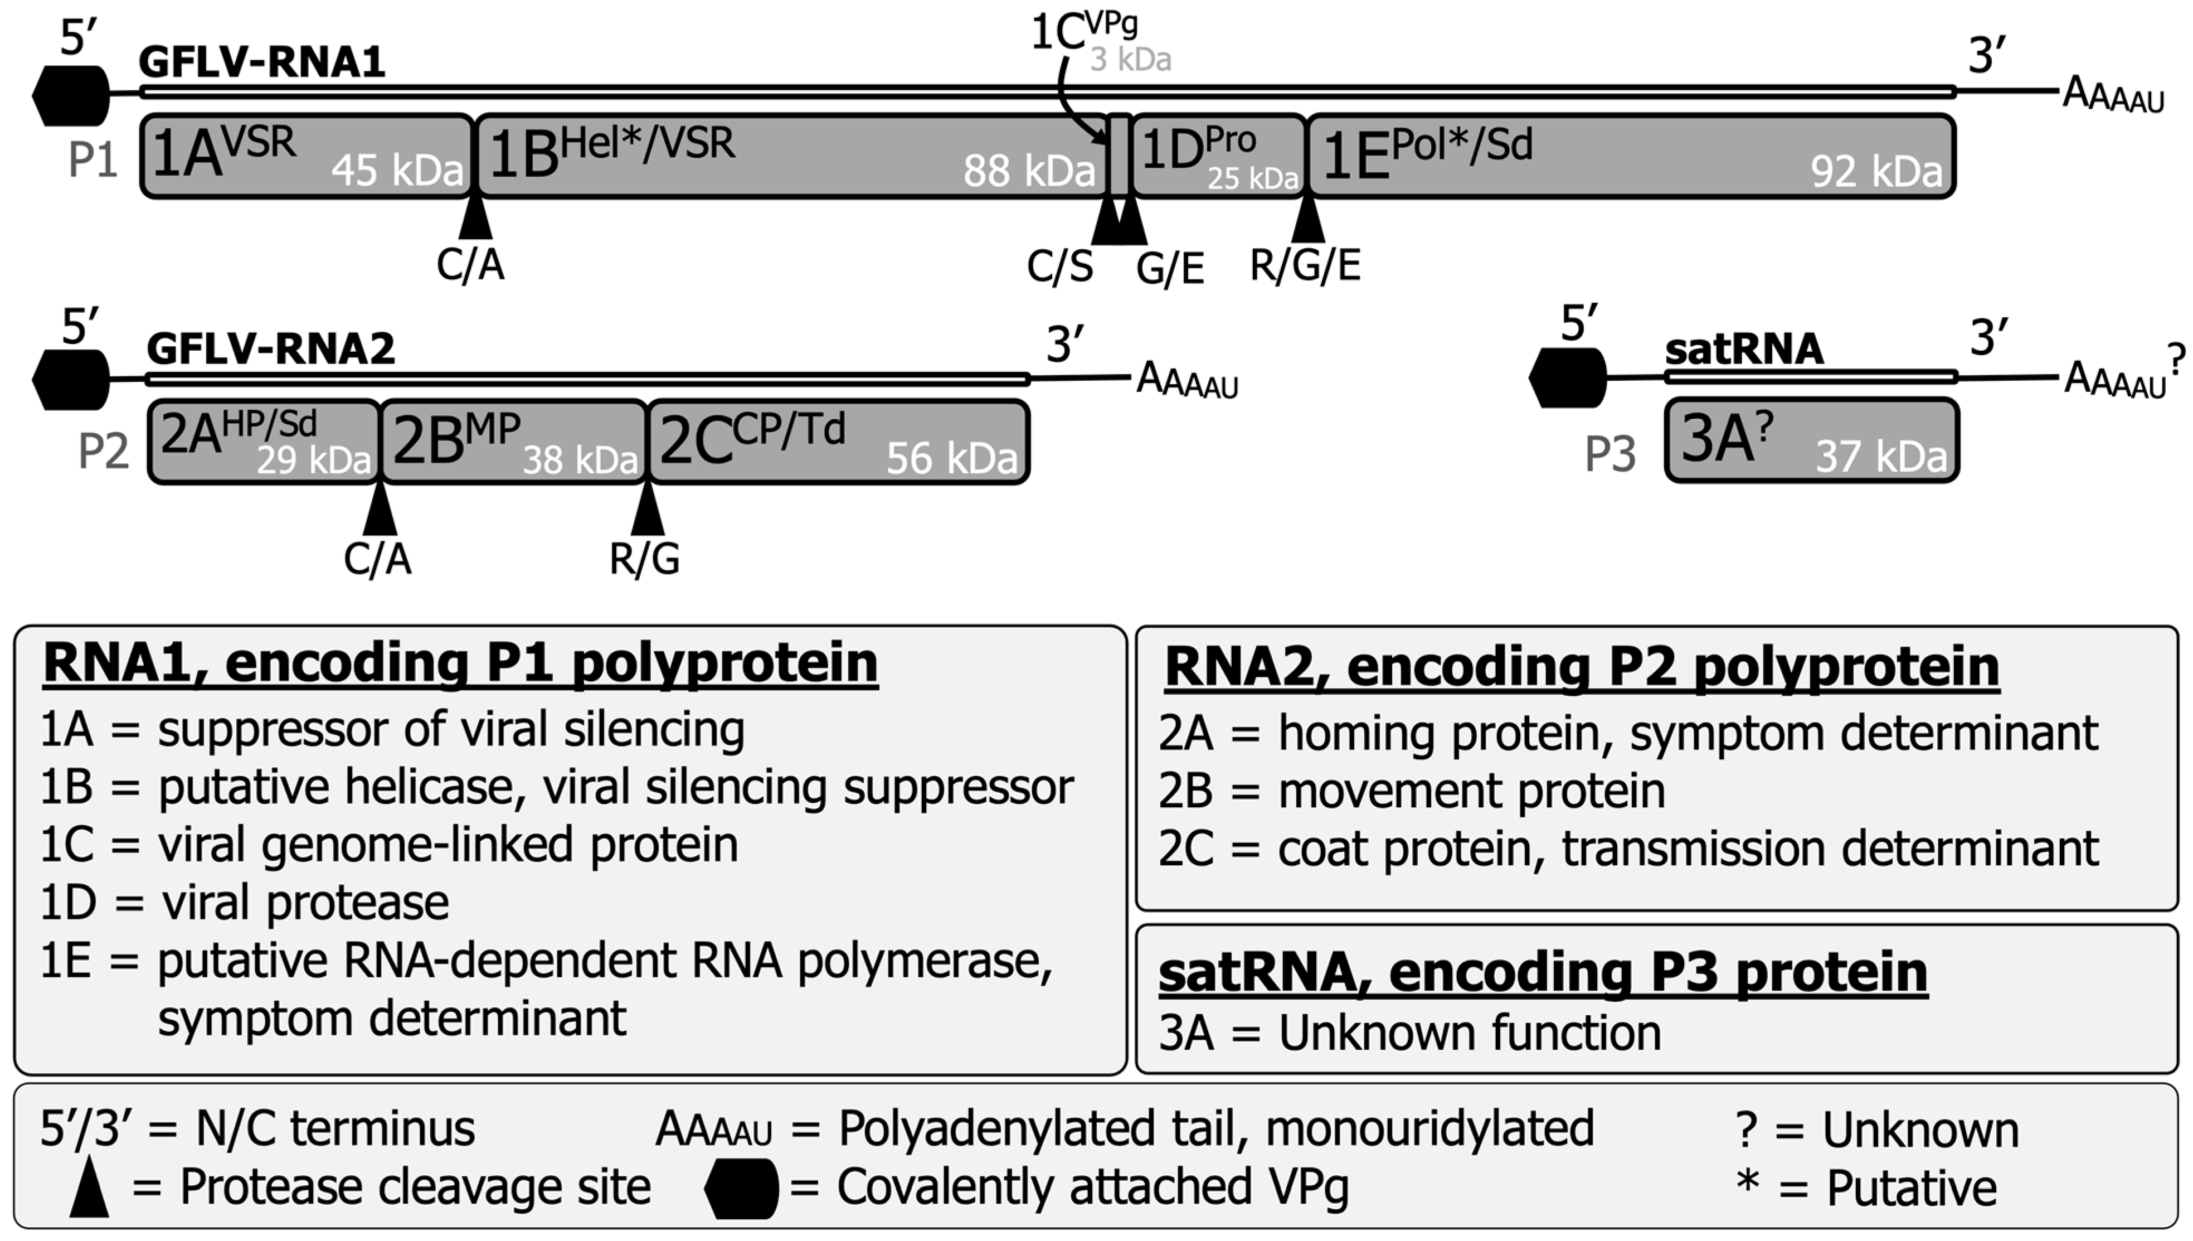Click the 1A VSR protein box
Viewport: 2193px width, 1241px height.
(x=307, y=157)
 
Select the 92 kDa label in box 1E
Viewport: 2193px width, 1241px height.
(x=1876, y=171)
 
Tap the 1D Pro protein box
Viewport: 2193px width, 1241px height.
(x=1218, y=157)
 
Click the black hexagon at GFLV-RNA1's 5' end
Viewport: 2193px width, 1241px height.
(x=71, y=95)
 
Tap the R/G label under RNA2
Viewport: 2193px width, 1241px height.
(x=645, y=558)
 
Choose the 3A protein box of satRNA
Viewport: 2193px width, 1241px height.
(x=1811, y=440)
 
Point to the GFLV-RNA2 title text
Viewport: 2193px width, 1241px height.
(x=271, y=348)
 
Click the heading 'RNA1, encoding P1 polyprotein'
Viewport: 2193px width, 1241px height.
(x=460, y=663)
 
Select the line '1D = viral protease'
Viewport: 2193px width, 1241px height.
(x=245, y=903)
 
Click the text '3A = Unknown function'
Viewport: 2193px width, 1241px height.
(x=1410, y=1033)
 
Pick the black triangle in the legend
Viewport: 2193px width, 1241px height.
(x=89, y=1187)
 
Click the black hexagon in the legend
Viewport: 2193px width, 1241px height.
(x=741, y=1188)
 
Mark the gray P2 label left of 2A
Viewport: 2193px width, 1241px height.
(x=103, y=451)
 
